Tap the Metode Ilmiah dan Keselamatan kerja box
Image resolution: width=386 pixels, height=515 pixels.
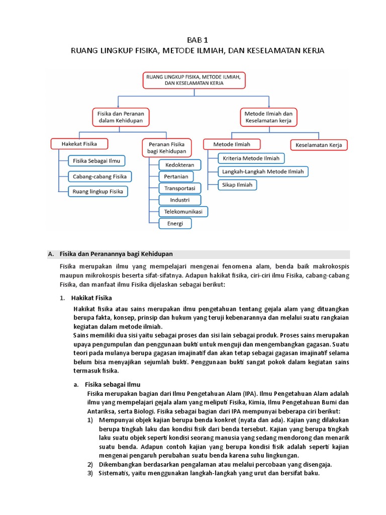pyautogui.click(x=268, y=117)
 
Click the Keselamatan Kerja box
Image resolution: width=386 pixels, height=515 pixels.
pyautogui.click(x=319, y=145)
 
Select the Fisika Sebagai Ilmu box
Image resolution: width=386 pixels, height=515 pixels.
pyautogui.click(x=96, y=161)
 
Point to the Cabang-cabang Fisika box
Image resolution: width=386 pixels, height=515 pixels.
pyautogui.click(x=100, y=177)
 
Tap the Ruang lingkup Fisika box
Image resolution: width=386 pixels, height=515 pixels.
pyautogui.click(x=98, y=192)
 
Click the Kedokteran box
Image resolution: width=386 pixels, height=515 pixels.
pyautogui.click(x=179, y=165)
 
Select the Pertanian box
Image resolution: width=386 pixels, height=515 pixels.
pyautogui.click(x=176, y=177)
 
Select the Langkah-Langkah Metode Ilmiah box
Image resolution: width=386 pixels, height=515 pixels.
pyautogui.click(x=263, y=171)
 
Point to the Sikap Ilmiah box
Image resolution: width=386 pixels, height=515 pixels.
pyautogui.click(x=238, y=185)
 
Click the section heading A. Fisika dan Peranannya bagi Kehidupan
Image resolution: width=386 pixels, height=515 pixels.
pyautogui.click(x=116, y=253)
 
